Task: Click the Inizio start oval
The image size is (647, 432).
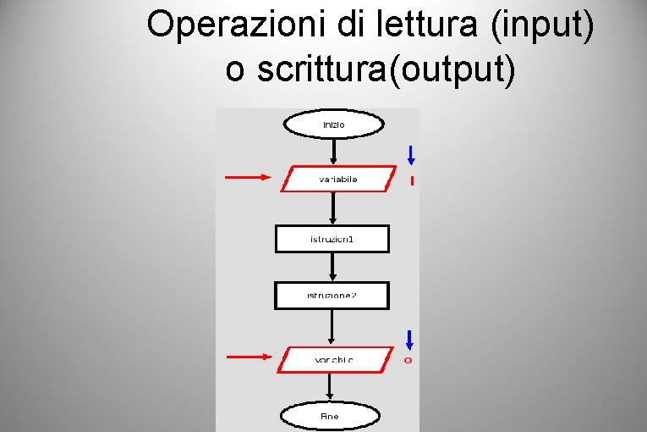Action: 334,125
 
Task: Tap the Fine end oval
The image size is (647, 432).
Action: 330,416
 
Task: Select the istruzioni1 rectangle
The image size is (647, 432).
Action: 332,239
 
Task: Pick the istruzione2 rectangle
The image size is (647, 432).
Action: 332,295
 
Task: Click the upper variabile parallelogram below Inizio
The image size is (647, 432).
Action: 338,179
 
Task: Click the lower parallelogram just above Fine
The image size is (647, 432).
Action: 335,360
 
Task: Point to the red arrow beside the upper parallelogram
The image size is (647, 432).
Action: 249,178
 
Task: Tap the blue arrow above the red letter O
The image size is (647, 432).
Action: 409,340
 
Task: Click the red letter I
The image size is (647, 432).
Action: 412,180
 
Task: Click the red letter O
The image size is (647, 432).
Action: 408,361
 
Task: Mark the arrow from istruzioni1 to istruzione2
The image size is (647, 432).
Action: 332,267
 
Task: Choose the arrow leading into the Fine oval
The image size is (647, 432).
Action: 331,388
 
